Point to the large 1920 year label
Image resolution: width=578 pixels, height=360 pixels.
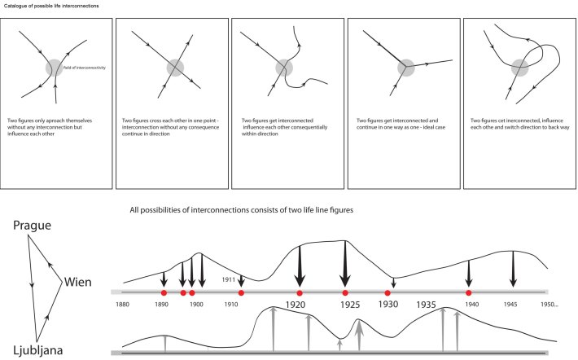[300, 305]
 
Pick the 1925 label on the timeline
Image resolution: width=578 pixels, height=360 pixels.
[345, 305]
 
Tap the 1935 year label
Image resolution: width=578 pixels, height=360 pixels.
[427, 303]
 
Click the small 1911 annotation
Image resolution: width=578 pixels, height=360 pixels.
[230, 279]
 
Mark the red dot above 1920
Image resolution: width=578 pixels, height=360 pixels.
[300, 292]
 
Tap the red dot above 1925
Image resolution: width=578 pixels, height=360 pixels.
[345, 292]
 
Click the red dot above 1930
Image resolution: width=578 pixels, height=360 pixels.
[388, 292]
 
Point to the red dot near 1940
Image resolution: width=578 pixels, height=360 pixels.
[468, 292]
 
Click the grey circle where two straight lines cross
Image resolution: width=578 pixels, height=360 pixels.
[173, 67]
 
